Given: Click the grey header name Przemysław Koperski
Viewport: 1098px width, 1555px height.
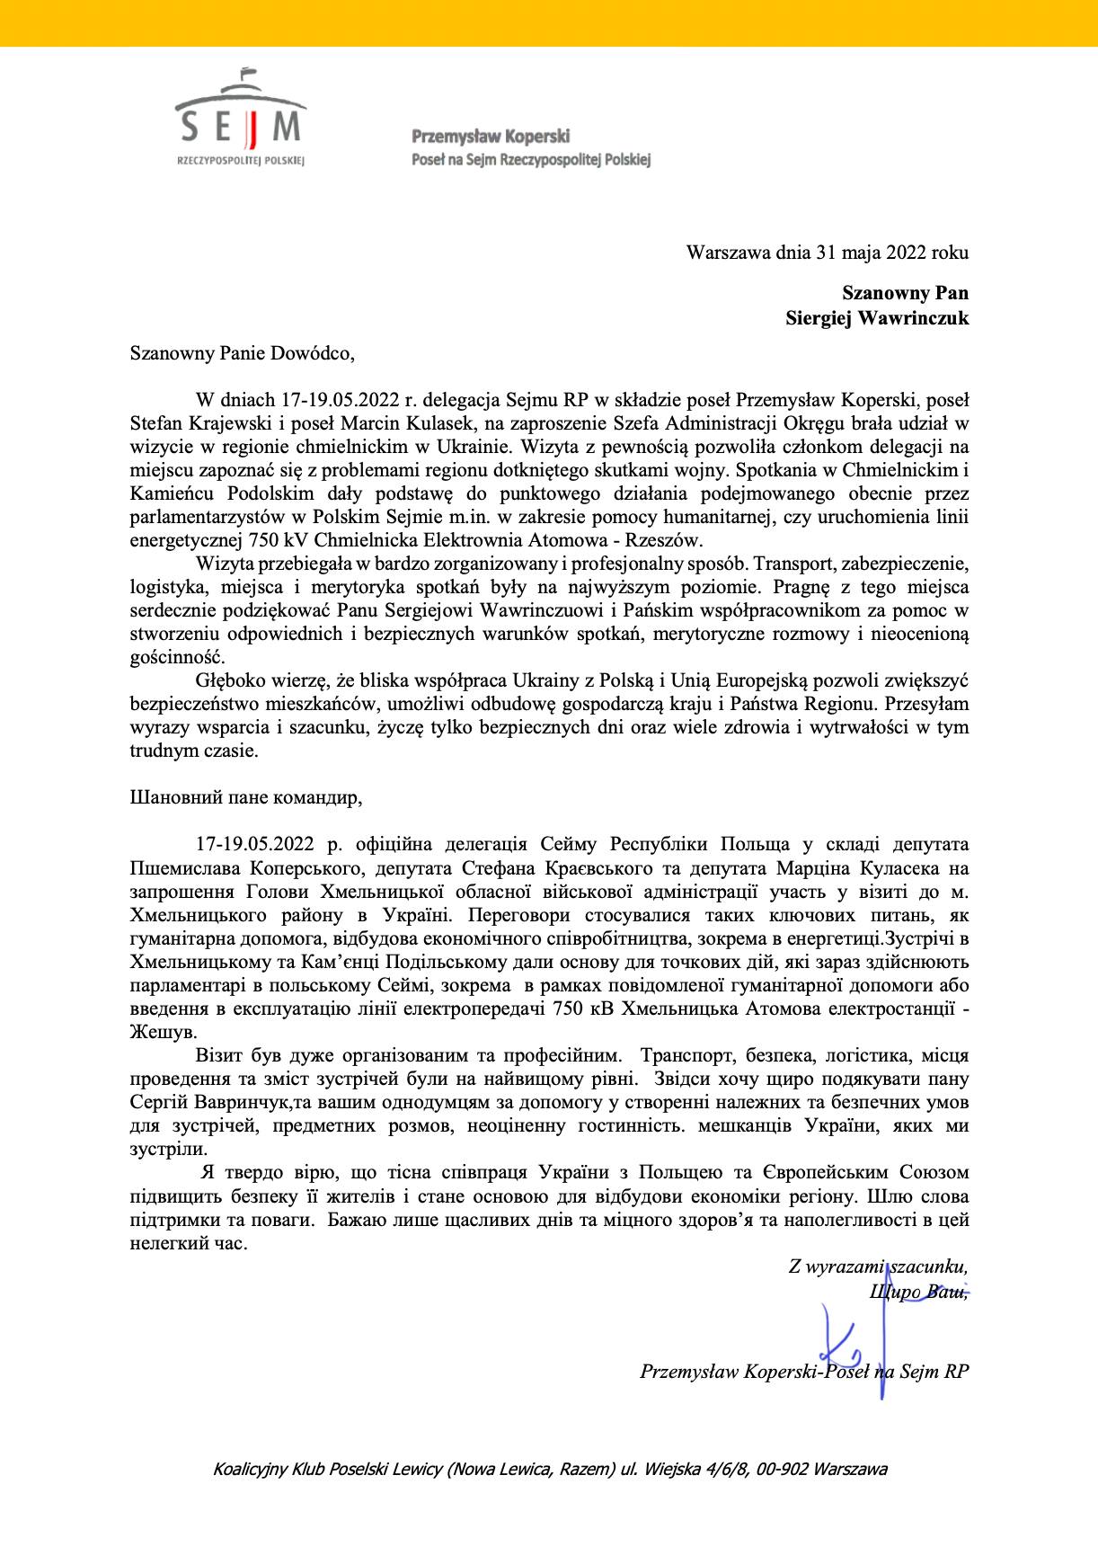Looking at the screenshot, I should (491, 137).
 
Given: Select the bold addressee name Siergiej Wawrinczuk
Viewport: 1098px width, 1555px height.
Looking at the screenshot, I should (877, 317).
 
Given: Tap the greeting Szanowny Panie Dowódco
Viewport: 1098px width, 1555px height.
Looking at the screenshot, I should (243, 353).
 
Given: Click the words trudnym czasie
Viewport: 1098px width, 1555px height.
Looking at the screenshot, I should (194, 751).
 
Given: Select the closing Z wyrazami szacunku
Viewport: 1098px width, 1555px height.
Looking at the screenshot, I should (878, 1267).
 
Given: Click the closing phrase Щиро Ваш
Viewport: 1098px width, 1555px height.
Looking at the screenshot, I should (917, 1292).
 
